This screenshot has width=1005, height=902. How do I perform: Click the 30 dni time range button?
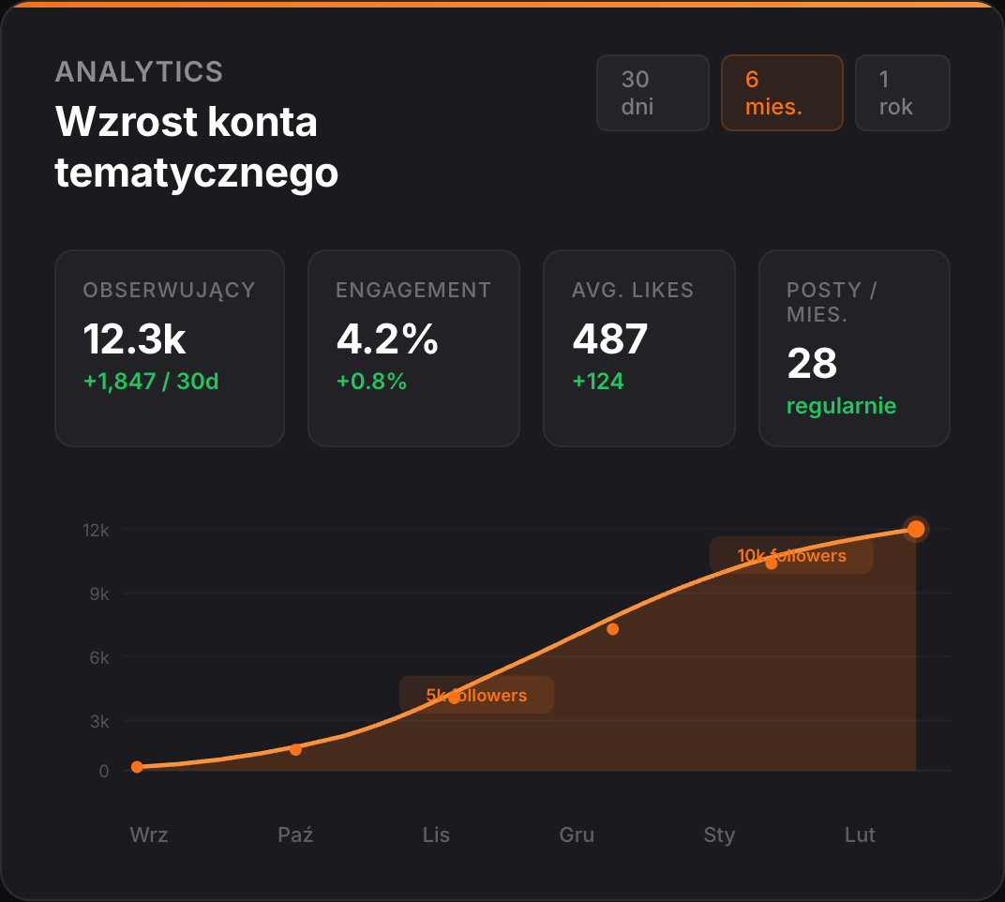pyautogui.click(x=652, y=93)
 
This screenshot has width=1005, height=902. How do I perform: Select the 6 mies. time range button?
pyautogui.click(x=781, y=93)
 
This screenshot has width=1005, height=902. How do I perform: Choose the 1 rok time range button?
pyautogui.click(x=902, y=93)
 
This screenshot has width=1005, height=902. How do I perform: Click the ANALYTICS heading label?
pyautogui.click(x=139, y=71)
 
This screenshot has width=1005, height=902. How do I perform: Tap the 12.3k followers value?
pyautogui.click(x=134, y=339)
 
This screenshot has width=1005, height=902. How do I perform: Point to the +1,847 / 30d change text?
pyautogui.click(x=150, y=382)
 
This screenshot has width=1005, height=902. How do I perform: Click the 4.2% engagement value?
pyautogui.click(x=387, y=339)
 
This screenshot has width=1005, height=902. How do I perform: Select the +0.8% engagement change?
pyautogui.click(x=371, y=382)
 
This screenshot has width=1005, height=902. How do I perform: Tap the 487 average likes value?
pyautogui.click(x=609, y=339)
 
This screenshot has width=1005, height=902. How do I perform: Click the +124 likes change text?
pyautogui.click(x=598, y=382)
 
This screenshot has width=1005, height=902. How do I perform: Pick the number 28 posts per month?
pyautogui.click(x=812, y=364)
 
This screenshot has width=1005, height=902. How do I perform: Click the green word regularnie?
pyautogui.click(x=841, y=406)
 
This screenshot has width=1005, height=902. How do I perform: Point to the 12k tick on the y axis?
pyautogui.click(x=96, y=530)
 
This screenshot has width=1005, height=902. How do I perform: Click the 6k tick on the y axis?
pyautogui.click(x=99, y=658)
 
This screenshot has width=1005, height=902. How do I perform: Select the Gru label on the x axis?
pyautogui.click(x=577, y=834)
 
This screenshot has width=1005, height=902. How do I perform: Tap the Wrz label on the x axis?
pyautogui.click(x=149, y=834)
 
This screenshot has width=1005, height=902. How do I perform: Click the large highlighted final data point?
pyautogui.click(x=916, y=530)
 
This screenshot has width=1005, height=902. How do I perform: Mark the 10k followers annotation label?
pyautogui.click(x=791, y=555)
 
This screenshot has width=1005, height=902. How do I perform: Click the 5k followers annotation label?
pyautogui.click(x=476, y=695)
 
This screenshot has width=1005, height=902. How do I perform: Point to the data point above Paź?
pyautogui.click(x=295, y=749)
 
